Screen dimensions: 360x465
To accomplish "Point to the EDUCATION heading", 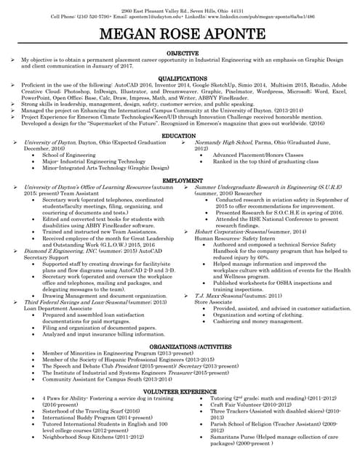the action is point(179,136).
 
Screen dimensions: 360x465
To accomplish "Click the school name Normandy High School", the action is point(225,143).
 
